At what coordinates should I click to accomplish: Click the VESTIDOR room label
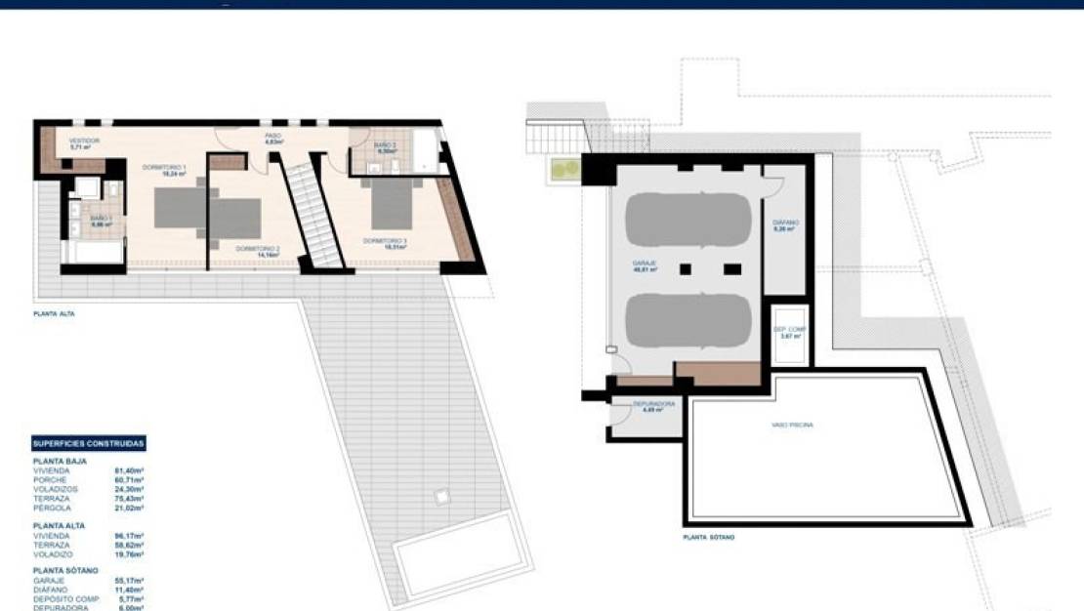(84, 141)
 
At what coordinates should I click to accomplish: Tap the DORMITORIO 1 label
(163, 167)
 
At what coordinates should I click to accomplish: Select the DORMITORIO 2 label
(258, 249)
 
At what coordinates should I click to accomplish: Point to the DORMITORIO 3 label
(385, 240)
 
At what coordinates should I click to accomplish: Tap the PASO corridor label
(274, 136)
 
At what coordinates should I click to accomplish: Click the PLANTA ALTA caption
(54, 314)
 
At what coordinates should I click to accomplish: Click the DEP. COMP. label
(789, 330)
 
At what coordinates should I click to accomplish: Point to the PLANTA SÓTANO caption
(709, 537)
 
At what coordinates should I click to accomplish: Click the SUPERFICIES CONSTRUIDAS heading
(89, 443)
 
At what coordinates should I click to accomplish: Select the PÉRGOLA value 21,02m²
(129, 508)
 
